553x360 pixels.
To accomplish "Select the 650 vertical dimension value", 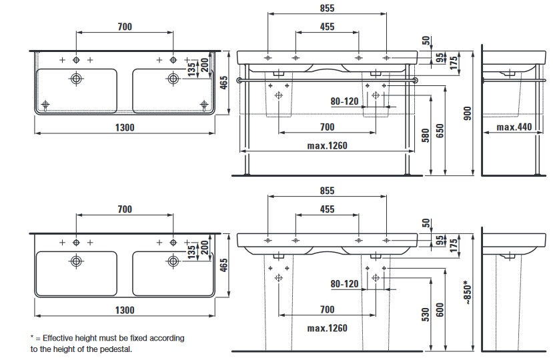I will pyautogui.click(x=440, y=131).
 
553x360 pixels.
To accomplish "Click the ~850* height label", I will pyautogui.click(x=468, y=291).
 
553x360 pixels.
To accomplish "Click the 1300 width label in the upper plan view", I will pyautogui.click(x=125, y=127).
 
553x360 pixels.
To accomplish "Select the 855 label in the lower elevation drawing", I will pyautogui.click(x=327, y=190).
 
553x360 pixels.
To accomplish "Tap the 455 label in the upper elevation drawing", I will pyautogui.click(x=327, y=27).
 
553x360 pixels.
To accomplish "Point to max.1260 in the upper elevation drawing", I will pyautogui.click(x=327, y=146).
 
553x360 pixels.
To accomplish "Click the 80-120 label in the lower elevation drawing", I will pyautogui.click(x=345, y=283).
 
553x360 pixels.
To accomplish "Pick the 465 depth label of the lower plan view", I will pyautogui.click(x=224, y=266).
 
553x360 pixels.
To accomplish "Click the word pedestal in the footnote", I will pyautogui.click(x=116, y=349).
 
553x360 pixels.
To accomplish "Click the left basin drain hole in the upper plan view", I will pyautogui.click(x=76, y=79).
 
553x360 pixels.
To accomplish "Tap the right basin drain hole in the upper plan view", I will pyautogui.click(x=173, y=79).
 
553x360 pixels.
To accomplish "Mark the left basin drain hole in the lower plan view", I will pyautogui.click(x=76, y=261).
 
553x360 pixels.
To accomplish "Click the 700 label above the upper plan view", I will pyautogui.click(x=125, y=27).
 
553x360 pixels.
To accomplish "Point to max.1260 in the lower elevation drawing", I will pyautogui.click(x=327, y=328).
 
